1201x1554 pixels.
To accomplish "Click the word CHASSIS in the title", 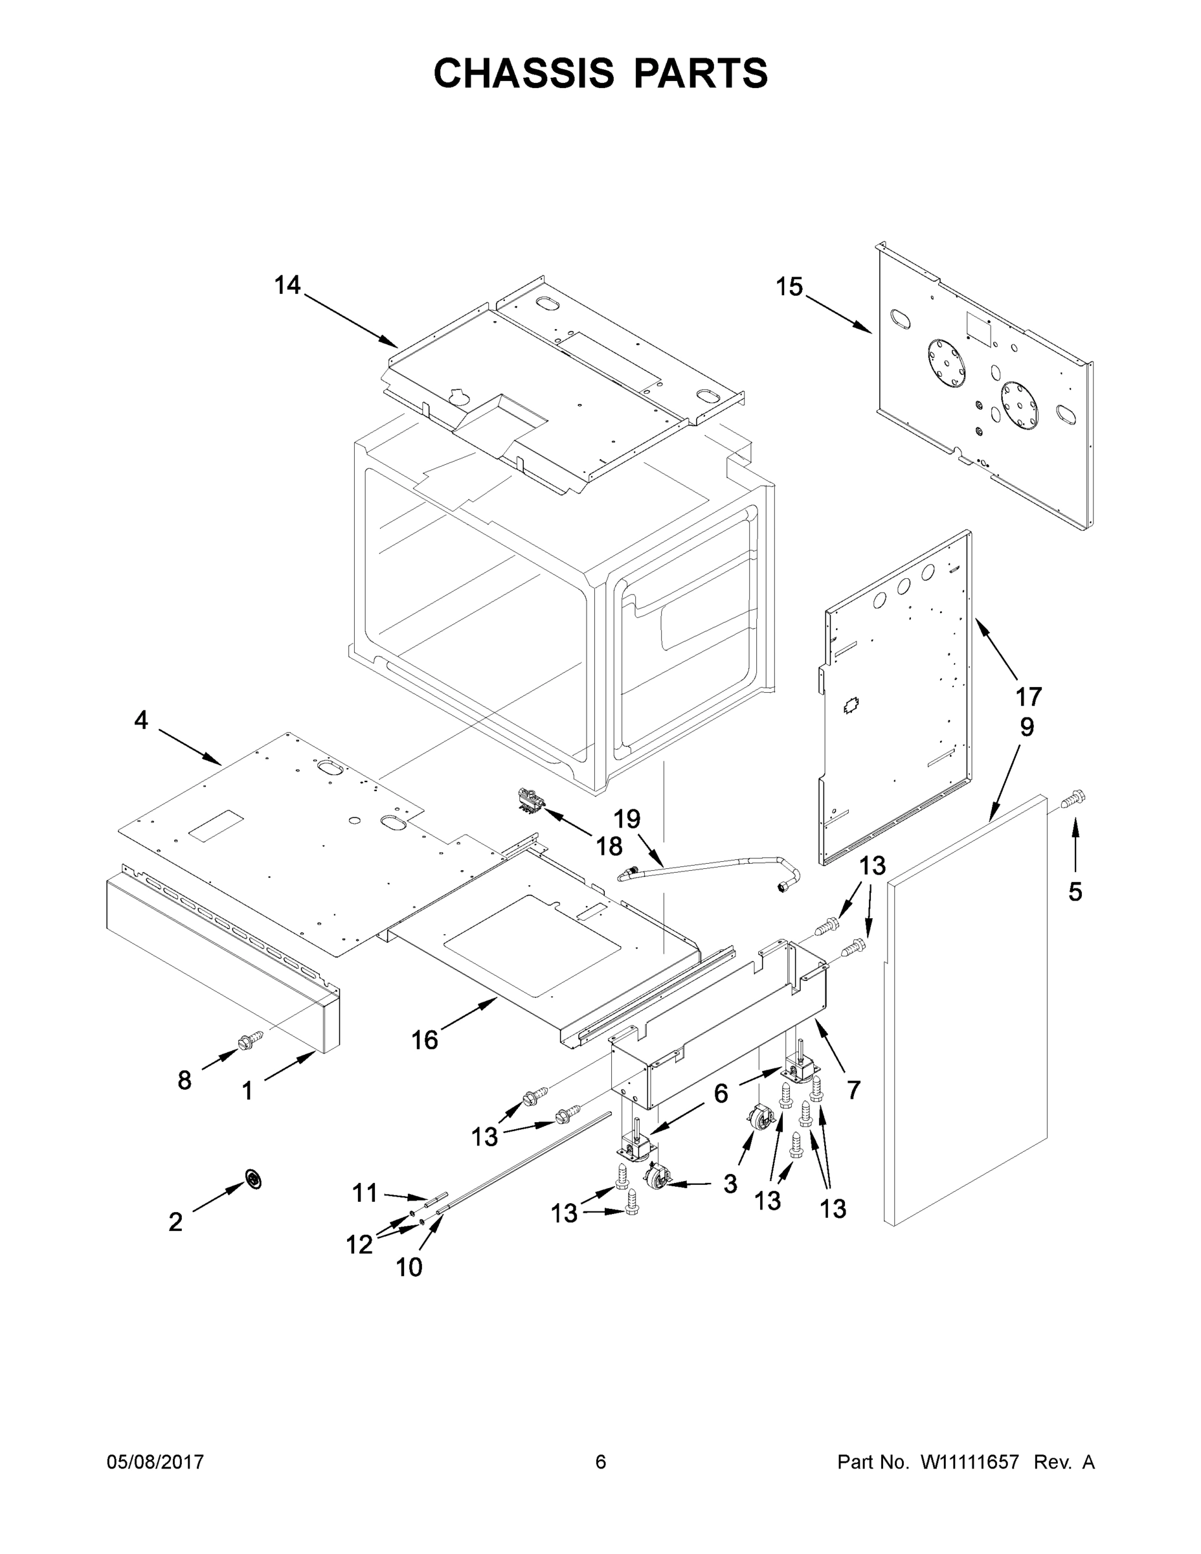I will click(x=524, y=73).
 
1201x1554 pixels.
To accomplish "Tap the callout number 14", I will click(x=287, y=286).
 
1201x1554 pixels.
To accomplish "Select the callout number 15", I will click(x=789, y=287).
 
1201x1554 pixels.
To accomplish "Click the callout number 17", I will click(x=1028, y=696).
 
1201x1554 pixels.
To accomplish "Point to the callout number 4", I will click(x=141, y=720).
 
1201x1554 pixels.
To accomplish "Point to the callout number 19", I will click(x=627, y=819).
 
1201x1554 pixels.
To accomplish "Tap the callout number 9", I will click(x=1027, y=727).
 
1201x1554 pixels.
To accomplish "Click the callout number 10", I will click(x=409, y=1267).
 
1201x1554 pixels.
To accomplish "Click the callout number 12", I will click(x=359, y=1244).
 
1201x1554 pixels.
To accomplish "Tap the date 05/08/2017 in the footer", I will click(x=155, y=1461).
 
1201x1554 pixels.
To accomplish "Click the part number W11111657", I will click(x=969, y=1462).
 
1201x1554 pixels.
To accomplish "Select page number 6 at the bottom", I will click(x=601, y=1461).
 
